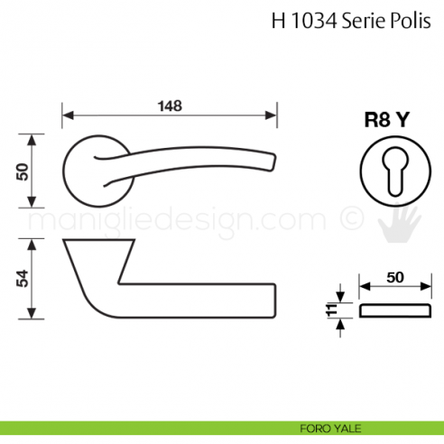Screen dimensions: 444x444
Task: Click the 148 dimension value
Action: click(x=168, y=106)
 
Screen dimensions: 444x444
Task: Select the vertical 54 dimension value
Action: click(x=23, y=279)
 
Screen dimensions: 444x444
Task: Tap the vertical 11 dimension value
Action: click(x=331, y=311)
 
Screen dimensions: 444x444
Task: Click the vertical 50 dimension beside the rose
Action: click(x=23, y=171)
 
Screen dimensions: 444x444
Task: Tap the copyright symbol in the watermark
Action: click(x=347, y=219)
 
